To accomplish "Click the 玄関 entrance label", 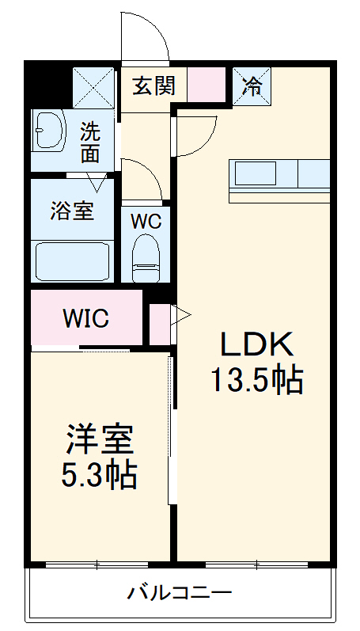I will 153,85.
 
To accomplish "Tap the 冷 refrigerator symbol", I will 252,85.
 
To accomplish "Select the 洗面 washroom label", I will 90,141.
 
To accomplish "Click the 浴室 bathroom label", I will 72,211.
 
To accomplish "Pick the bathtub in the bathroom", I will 72,260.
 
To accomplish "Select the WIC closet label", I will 86,319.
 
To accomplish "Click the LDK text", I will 256,345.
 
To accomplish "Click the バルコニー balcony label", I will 180,592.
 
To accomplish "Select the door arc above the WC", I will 142,178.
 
